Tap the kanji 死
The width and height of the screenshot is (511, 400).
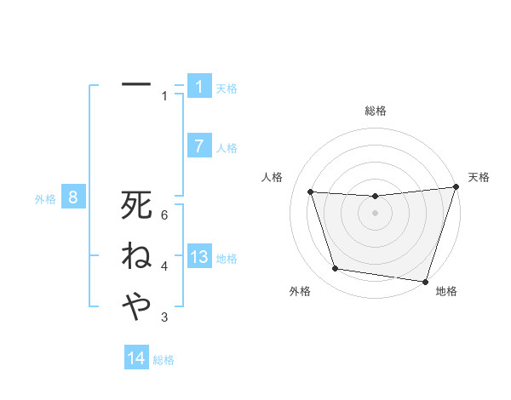[136, 205]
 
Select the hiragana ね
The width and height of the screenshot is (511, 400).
[136, 255]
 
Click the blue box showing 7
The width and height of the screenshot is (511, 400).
[199, 146]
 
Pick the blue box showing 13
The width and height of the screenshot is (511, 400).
[199, 257]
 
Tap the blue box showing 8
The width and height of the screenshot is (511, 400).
[73, 198]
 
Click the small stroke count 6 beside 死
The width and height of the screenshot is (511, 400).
[164, 215]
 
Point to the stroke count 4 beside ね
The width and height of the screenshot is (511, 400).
[164, 266]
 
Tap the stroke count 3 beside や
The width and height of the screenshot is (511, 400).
[164, 317]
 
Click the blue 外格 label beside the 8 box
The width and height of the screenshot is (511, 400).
[45, 199]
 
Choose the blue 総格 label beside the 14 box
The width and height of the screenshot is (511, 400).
[164, 359]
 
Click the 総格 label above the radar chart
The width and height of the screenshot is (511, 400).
[375, 111]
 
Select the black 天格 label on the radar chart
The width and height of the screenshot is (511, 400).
[479, 177]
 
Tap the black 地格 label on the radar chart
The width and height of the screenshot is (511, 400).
[446, 291]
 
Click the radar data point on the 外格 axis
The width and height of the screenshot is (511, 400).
[336, 269]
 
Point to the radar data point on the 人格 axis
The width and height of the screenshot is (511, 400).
[311, 192]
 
